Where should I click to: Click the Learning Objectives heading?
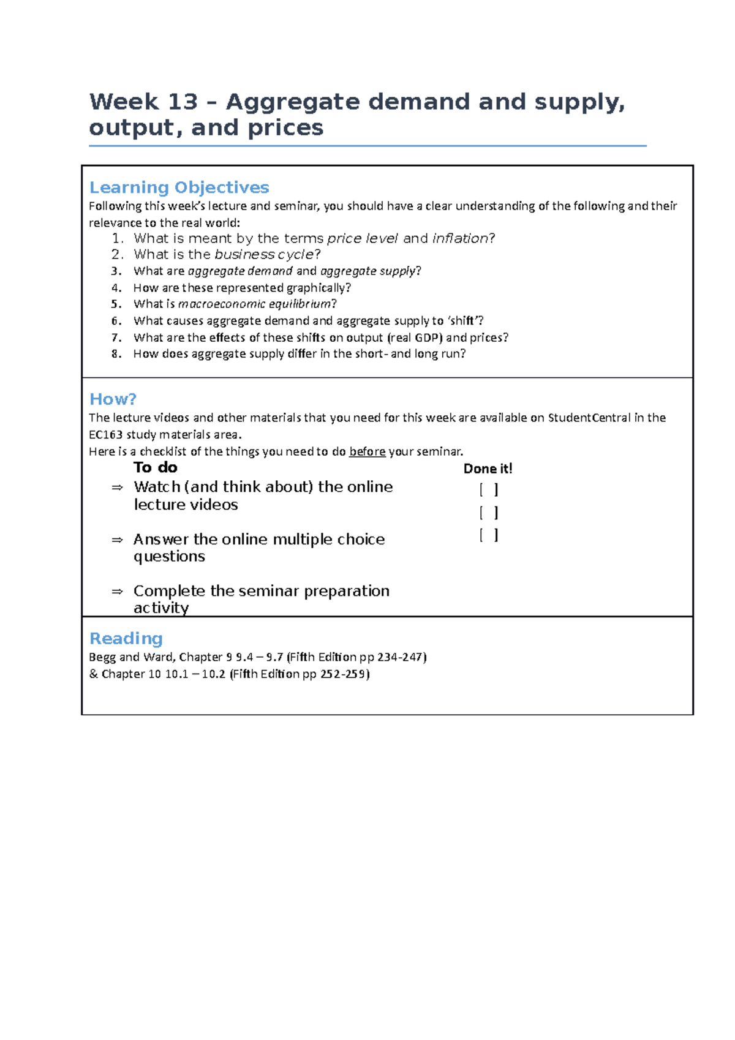coord(179,187)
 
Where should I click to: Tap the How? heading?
coord(113,399)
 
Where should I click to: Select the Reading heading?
coord(126,638)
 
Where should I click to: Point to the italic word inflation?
coord(460,238)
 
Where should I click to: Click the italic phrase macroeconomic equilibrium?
coord(254,304)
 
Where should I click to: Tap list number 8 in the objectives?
coord(116,354)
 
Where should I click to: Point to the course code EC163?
coord(105,435)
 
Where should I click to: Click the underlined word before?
coord(367,452)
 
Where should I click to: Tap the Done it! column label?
coord(488,469)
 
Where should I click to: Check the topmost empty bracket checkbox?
coord(488,489)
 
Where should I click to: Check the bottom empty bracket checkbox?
coord(488,535)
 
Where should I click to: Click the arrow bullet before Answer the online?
coord(117,540)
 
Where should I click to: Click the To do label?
coord(156,468)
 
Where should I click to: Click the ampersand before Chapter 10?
coord(93,674)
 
